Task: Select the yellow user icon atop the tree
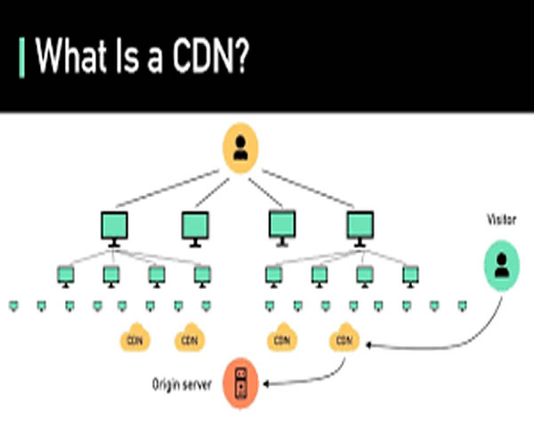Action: [x=239, y=150]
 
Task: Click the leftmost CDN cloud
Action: [x=135, y=339]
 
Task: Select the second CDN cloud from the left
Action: [x=188, y=339]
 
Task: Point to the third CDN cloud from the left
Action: [x=281, y=339]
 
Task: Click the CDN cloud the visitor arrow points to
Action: [x=343, y=339]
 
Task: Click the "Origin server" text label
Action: [x=183, y=385]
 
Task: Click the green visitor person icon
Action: [x=501, y=265]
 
